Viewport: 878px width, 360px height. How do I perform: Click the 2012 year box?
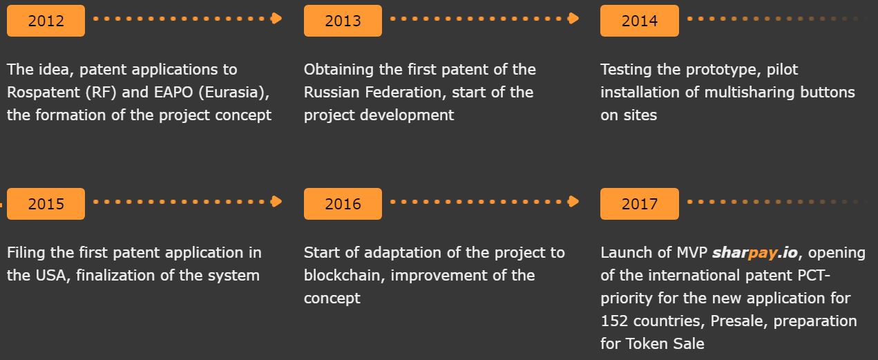coord(46,21)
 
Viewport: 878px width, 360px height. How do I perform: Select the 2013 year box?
coord(343,21)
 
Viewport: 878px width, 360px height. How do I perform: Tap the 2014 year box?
coord(639,21)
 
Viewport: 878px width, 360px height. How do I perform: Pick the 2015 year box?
coord(46,204)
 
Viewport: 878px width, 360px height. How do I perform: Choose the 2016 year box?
coord(343,204)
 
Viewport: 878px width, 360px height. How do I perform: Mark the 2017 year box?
coord(639,204)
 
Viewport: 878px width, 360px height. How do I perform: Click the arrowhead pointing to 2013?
coord(276,19)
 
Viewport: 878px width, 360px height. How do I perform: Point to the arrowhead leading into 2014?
coord(573,19)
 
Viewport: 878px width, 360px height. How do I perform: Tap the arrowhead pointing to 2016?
coord(276,202)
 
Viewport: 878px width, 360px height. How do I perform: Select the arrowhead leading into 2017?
coord(573,202)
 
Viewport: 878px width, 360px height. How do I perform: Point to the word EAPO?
coord(173,92)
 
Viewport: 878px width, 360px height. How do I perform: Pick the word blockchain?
coord(344,275)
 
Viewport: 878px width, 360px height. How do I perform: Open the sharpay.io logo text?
coord(755,253)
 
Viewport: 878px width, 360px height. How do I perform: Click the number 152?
coord(614,321)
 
